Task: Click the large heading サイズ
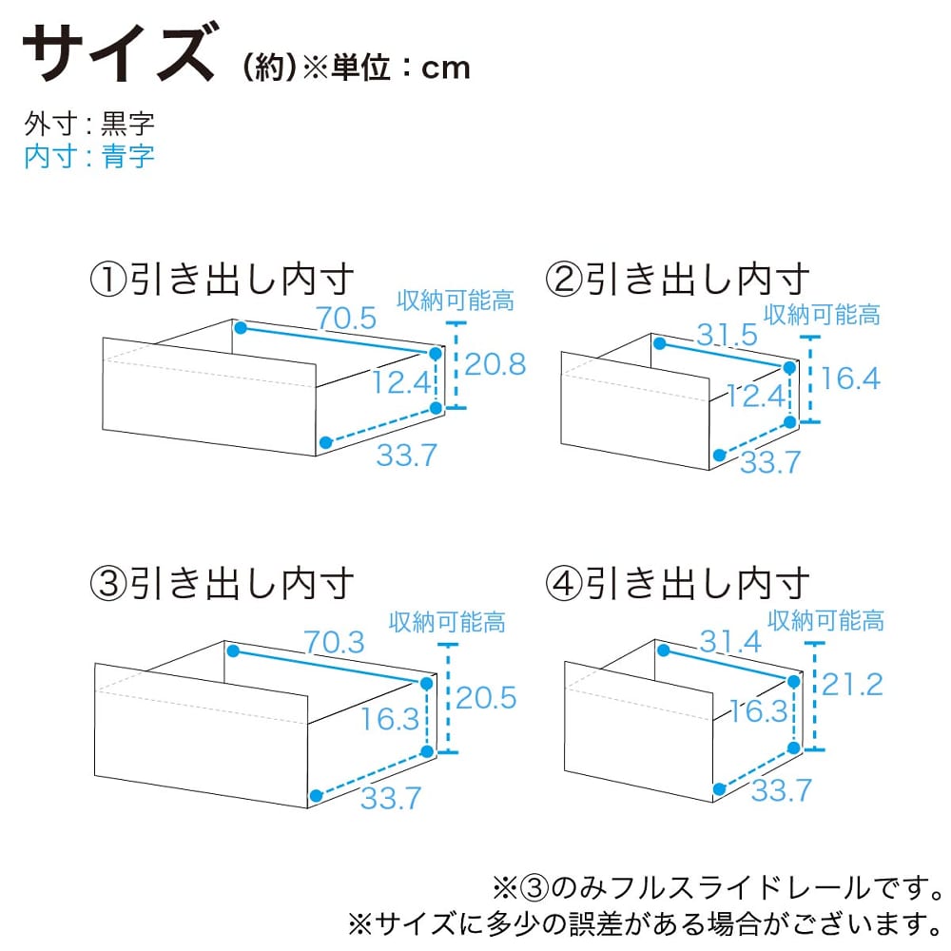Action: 119,53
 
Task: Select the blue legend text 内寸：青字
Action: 89,157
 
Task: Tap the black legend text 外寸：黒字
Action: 89,124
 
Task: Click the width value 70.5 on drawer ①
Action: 346,318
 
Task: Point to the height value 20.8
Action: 495,364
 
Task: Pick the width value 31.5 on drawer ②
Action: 727,334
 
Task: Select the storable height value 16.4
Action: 849,378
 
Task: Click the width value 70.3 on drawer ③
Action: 334,642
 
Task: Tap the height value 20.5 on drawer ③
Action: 486,697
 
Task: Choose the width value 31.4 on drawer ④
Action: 730,641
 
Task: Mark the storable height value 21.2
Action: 852,684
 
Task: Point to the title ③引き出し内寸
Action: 222,584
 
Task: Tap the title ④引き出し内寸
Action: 677,584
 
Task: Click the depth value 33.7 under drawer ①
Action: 406,455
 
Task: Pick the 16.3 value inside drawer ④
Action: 758,710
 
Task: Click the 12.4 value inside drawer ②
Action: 756,396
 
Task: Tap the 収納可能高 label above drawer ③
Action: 447,622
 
